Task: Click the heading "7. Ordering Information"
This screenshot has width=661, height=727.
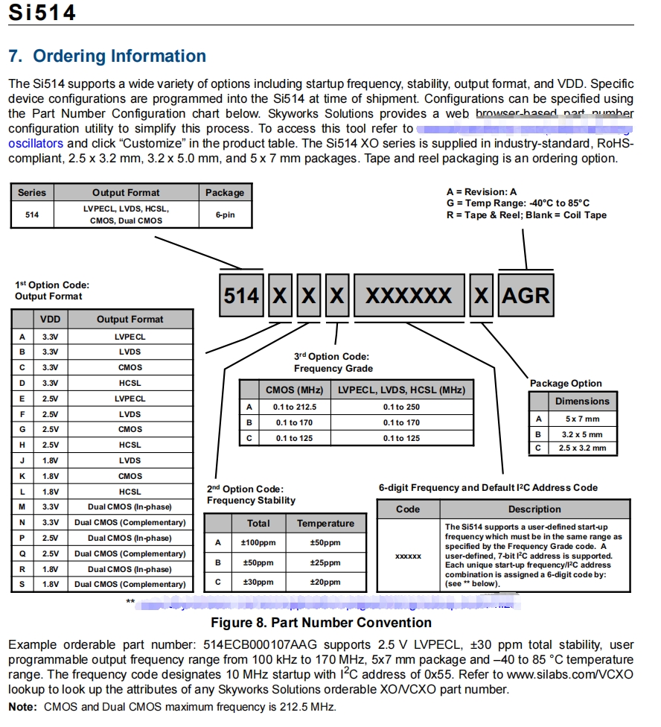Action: [x=107, y=57]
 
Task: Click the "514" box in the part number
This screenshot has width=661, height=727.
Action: [x=241, y=296]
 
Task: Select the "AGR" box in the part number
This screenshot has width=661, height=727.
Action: [x=526, y=296]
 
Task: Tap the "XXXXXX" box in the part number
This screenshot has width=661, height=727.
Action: [x=408, y=296]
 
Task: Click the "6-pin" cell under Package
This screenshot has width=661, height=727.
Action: [x=225, y=215]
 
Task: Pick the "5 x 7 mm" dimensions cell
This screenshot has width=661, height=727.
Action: [x=582, y=419]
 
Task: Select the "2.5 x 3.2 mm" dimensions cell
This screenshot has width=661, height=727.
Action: [x=582, y=448]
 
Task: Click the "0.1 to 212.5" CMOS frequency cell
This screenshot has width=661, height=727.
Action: [x=295, y=407]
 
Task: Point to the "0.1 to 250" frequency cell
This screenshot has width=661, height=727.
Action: [x=401, y=407]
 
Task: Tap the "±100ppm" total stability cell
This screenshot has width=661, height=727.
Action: [x=258, y=543]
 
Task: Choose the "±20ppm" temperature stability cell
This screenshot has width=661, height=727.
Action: [x=325, y=582]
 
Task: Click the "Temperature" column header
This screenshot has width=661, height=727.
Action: [x=325, y=524]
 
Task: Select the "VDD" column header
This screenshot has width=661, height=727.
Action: [x=51, y=319]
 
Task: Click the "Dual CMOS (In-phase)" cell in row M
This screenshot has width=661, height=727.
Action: [x=130, y=507]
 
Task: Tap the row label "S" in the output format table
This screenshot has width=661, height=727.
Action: [x=22, y=584]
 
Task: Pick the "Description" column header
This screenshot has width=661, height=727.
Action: [x=534, y=509]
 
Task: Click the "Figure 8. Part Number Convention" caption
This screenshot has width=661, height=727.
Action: [x=321, y=623]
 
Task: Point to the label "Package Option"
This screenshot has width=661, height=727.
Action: [x=566, y=384]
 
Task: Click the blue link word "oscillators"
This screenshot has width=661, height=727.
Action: [x=36, y=143]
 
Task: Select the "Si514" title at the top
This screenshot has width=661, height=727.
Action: [x=42, y=12]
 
